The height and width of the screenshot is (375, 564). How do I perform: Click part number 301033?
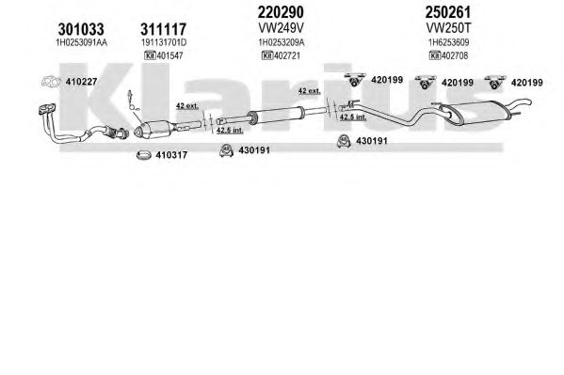pyautogui.click(x=81, y=29)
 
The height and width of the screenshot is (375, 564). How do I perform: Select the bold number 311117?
pyautogui.click(x=163, y=29)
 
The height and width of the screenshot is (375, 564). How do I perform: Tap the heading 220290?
pyautogui.click(x=281, y=12)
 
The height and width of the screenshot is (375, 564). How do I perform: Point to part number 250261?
pyautogui.click(x=448, y=12)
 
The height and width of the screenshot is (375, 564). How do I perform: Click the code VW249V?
pyautogui.click(x=281, y=27)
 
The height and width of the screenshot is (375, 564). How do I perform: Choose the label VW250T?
pyautogui.click(x=448, y=27)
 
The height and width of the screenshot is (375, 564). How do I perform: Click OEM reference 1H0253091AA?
pyautogui.click(x=81, y=42)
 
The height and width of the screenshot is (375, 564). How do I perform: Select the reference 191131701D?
pyautogui.click(x=164, y=42)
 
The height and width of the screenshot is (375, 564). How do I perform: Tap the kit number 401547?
pyautogui.click(x=169, y=55)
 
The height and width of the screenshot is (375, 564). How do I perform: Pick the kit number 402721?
pyautogui.click(x=286, y=55)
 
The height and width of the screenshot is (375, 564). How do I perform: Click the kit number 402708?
pyautogui.click(x=455, y=55)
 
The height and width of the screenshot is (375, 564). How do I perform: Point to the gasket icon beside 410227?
pyautogui.click(x=51, y=82)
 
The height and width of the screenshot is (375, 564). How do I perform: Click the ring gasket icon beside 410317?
pyautogui.click(x=144, y=155)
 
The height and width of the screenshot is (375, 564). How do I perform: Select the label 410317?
pyautogui.click(x=171, y=155)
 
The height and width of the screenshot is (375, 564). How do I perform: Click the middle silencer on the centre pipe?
pyautogui.click(x=276, y=114)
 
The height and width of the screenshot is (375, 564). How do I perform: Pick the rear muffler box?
pyautogui.click(x=475, y=112)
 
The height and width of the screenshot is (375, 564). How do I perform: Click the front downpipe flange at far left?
pyautogui.click(x=47, y=109)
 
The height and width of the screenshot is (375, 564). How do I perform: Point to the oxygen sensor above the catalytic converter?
pyautogui.click(x=132, y=101)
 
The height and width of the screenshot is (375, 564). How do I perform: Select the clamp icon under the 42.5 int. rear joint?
pyautogui.click(x=344, y=141)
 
